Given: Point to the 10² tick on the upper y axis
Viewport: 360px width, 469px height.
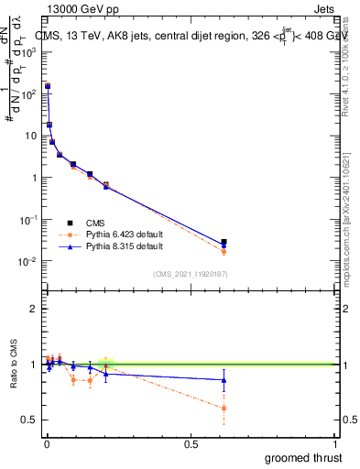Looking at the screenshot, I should pos(29,93).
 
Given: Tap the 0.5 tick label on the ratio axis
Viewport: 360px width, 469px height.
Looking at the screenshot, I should pos(29,420).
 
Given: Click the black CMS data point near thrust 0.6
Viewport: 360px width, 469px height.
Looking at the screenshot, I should pos(224,242).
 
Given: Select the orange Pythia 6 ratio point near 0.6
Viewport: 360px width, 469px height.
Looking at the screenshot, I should pos(224,409).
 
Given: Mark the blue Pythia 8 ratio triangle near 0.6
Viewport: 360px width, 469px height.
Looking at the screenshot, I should pos(224,380).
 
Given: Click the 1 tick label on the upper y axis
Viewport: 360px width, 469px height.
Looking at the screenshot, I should pos(33,178).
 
